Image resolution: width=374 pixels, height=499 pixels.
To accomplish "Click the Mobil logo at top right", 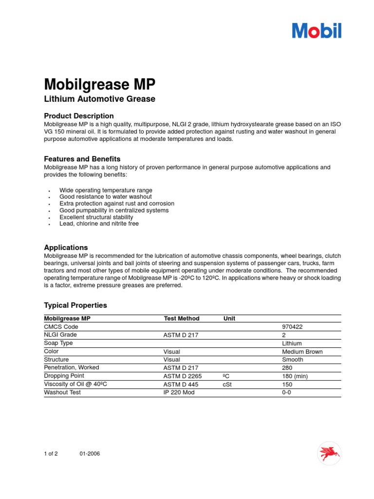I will [317, 30].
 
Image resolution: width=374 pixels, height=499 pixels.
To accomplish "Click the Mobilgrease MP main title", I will [100, 84].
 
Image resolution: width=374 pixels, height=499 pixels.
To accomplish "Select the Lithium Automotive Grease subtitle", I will [99, 99].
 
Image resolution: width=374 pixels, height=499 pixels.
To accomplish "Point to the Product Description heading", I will [79, 116].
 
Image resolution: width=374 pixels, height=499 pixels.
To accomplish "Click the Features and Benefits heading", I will [82, 159].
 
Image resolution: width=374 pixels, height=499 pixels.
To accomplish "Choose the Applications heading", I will [66, 248].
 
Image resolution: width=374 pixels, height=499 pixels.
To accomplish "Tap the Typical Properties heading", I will [75, 306].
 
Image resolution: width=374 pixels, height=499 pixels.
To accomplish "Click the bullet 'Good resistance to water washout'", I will [105, 197].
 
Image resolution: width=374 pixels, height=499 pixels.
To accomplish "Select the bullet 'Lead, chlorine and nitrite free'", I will [99, 224].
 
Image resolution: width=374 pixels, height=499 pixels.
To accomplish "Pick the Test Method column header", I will [182, 319].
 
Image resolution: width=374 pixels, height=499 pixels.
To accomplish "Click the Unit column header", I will [229, 319].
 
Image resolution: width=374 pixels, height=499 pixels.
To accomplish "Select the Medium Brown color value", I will [302, 351].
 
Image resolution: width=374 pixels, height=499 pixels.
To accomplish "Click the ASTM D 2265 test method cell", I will [183, 376].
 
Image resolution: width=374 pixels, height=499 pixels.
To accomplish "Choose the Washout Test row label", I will [62, 392].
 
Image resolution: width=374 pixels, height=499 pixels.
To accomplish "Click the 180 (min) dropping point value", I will [295, 376].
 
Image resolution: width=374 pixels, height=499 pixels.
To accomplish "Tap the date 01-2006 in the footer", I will [90, 454].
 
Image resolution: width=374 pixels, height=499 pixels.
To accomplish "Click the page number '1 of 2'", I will [51, 454].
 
